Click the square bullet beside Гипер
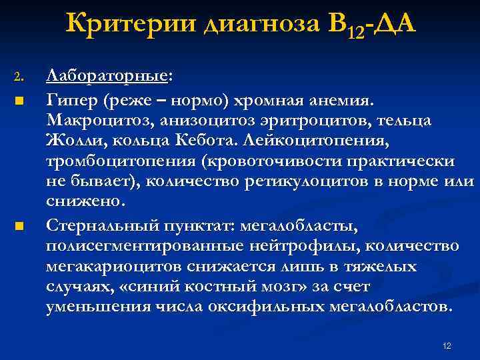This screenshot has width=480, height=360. click(19, 101)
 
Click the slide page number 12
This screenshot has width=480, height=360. click(446, 345)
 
